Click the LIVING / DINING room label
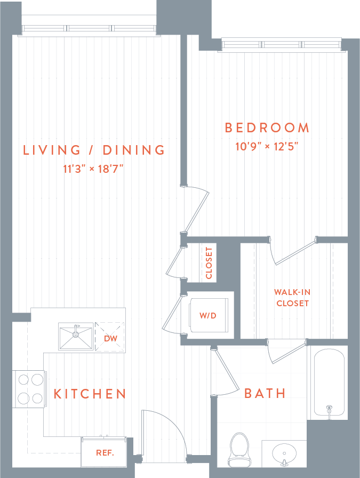(94, 150)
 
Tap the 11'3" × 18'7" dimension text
(94, 170)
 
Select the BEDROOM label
(267, 128)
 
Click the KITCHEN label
(90, 394)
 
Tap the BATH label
(265, 394)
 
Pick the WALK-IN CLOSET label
(292, 298)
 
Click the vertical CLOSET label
(209, 263)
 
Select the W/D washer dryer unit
(208, 316)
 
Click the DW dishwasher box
(110, 338)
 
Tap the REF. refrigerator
(105, 453)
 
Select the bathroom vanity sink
(284, 455)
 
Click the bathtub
(329, 382)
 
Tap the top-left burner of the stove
(23, 380)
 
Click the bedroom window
(281, 45)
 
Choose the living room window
(90, 29)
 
